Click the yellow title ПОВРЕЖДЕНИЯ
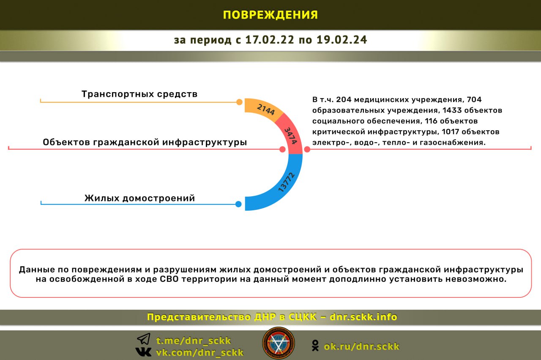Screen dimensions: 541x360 coord(270,15)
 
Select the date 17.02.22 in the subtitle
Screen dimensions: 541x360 coord(270,40)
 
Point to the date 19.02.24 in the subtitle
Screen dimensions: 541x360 coord(342,40)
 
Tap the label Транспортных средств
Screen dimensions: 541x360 coord(139,94)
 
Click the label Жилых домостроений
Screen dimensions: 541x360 coord(139,198)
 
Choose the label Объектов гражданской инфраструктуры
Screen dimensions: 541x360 coord(145,142)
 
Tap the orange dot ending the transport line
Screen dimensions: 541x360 coord(239,102)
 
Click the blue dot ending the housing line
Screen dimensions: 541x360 coord(238,204)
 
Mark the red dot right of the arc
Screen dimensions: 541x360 coord(307,149)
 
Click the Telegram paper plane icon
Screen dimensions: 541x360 coord(144,339)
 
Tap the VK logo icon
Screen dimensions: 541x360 coord(143,352)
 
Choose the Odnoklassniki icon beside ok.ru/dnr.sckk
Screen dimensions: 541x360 coord(315,346)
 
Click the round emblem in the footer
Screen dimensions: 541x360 coord(279,343)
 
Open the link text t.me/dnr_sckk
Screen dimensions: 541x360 coord(194,341)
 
